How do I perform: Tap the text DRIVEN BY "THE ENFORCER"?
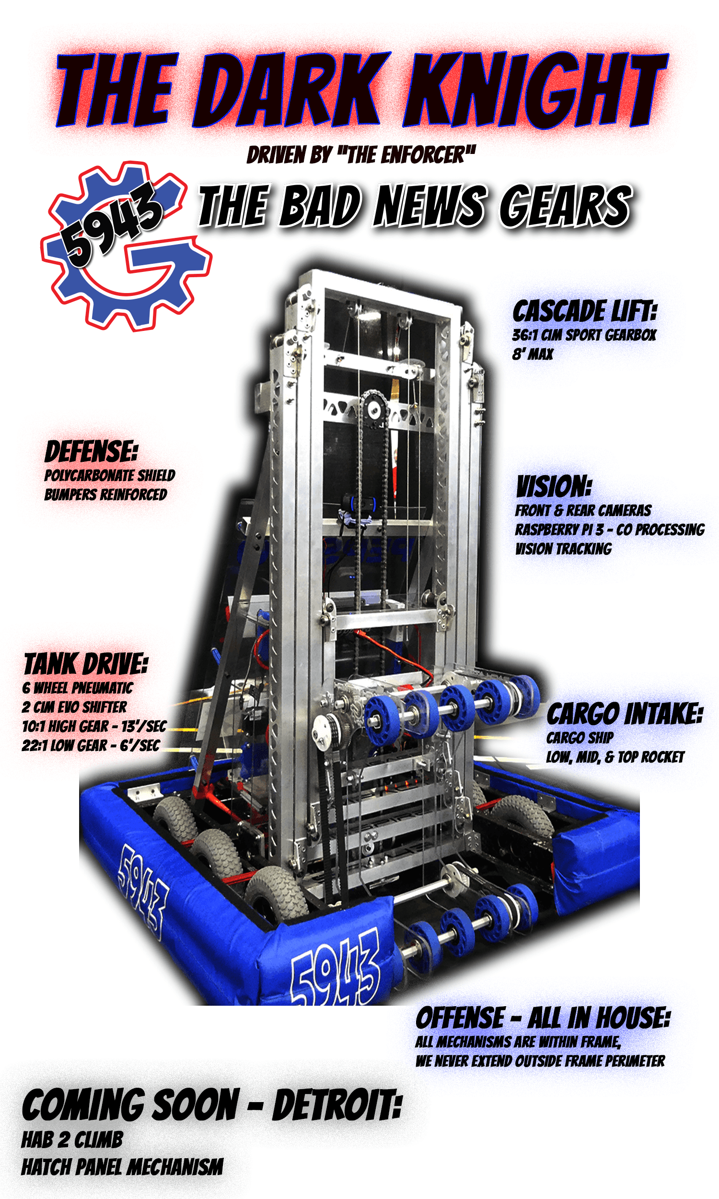[361, 155]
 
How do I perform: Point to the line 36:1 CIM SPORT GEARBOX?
[584, 335]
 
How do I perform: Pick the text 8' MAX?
[533, 354]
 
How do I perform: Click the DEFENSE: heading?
[91, 452]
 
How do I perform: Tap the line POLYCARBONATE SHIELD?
[109, 475]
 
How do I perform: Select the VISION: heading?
[554, 486]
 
